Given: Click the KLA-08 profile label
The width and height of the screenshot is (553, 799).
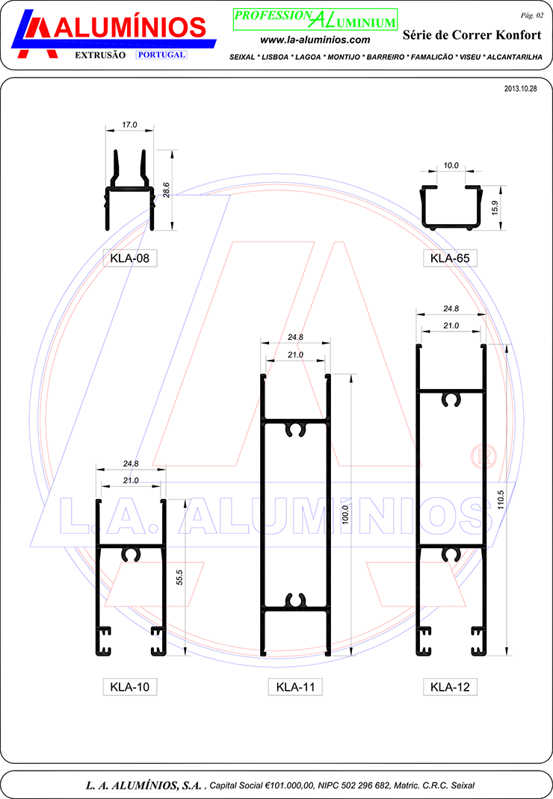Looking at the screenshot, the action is coord(129,258).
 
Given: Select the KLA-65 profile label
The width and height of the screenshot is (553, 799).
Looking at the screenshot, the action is coord(450,258).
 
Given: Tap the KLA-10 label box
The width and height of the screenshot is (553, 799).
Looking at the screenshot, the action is coord(129,687).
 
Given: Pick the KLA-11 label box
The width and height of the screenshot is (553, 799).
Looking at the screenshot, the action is coord(295,687).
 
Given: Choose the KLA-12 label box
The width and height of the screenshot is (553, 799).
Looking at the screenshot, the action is coord(450,687).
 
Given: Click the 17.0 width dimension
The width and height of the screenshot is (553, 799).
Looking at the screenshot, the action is coord(129,125).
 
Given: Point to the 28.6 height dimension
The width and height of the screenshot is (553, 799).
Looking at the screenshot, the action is coord(166,190).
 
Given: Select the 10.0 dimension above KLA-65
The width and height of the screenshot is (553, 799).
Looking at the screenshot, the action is coord(451,166).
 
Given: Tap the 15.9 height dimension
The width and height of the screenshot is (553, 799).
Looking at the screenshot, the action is coord(495,208).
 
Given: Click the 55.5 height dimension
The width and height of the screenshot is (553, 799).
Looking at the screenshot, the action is coord(179,577).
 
